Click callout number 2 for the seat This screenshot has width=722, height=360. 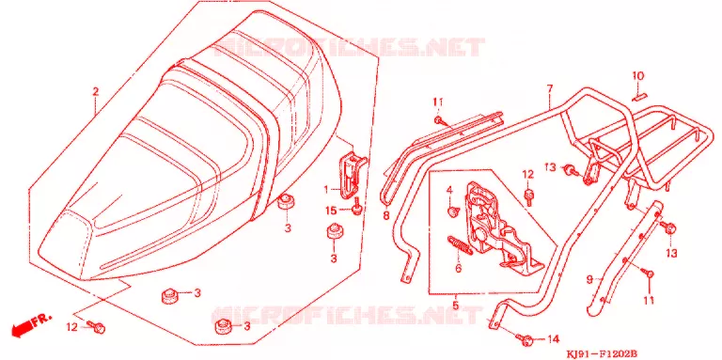tap(95, 91)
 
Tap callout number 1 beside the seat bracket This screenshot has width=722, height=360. tap(326, 189)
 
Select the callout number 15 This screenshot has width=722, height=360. tap(331, 211)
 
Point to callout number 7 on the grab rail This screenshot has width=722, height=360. tap(550, 89)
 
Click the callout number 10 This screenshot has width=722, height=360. tap(637, 75)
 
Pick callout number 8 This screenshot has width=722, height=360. tap(385, 215)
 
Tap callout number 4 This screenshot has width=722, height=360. tap(450, 190)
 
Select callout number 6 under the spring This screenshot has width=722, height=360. tap(458, 268)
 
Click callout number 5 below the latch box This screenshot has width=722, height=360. tap(455, 305)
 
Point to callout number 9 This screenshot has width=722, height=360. tap(589, 279)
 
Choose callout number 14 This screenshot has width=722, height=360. tap(553, 339)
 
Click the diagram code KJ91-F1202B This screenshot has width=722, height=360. tap(602, 354)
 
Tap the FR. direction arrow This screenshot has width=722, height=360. tap(30, 324)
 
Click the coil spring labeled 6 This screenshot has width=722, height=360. tap(460, 245)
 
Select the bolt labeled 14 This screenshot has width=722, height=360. tap(524, 339)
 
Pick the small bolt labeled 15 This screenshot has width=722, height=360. tap(357, 207)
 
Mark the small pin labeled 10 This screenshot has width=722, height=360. tap(639, 96)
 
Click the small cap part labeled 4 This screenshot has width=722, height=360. tap(452, 211)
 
